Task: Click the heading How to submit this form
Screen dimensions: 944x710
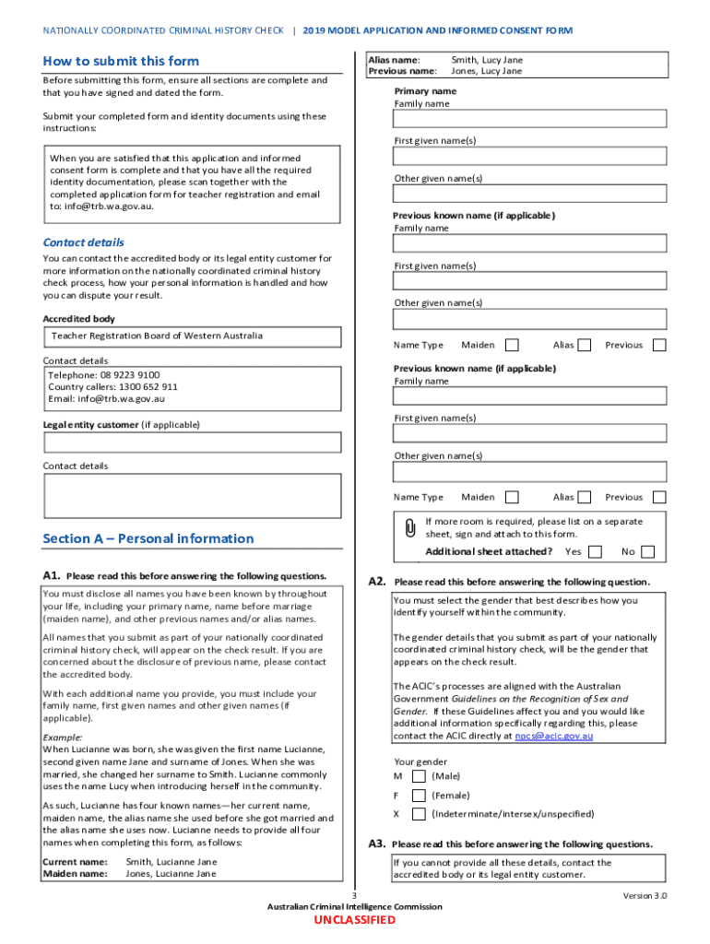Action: coord(121,61)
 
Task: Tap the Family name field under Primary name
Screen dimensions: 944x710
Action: coord(529,119)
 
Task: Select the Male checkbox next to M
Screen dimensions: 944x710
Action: coord(419,776)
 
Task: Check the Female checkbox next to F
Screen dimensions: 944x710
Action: coord(419,796)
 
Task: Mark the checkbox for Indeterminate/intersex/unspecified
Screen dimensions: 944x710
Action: coord(419,815)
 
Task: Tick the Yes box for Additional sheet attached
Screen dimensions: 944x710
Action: coord(595,552)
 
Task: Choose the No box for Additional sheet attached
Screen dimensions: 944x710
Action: coord(648,552)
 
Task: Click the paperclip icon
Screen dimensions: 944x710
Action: coord(409,528)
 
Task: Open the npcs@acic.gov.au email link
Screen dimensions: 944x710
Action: coord(553,737)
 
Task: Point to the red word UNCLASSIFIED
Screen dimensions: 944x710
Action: coord(354,920)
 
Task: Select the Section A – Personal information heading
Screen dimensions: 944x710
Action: coord(148,538)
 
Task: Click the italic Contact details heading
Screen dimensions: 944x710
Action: coord(83,242)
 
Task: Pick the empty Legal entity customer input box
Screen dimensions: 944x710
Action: coord(192,442)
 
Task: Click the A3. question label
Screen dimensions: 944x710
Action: coord(376,844)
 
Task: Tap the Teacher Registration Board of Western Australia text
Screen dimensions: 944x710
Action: coord(157,336)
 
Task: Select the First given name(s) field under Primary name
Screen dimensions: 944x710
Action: coord(529,157)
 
